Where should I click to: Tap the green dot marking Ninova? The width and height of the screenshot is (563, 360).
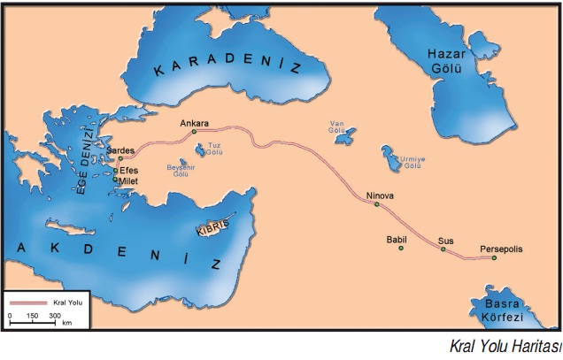(377, 205)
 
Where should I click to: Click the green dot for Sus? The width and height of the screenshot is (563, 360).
(443, 249)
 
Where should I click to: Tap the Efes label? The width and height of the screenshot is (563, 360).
(129, 170)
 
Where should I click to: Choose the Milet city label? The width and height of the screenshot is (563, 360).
(130, 181)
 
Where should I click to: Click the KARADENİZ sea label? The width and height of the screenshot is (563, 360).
(228, 70)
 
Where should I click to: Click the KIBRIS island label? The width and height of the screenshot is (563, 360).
(212, 227)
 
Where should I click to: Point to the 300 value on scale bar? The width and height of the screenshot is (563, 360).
(54, 315)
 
